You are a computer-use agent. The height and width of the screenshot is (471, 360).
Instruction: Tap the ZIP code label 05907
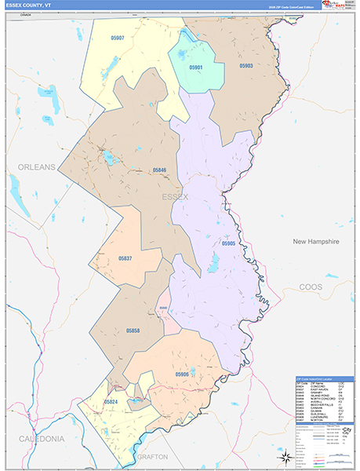coord(117,38)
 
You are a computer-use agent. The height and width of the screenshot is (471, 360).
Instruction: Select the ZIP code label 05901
coord(195,68)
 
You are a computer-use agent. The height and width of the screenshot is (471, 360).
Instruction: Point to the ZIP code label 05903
coord(245,67)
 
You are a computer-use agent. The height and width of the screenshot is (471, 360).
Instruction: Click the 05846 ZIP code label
coord(159,170)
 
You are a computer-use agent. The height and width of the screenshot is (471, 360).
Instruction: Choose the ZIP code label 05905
coord(227,244)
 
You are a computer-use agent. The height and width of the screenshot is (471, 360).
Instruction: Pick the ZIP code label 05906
coord(182,374)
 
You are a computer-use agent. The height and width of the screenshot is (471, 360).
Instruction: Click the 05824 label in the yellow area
coord(111,401)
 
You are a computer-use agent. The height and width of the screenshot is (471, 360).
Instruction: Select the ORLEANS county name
coord(37,167)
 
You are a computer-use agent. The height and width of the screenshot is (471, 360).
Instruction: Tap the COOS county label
coord(315,287)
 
